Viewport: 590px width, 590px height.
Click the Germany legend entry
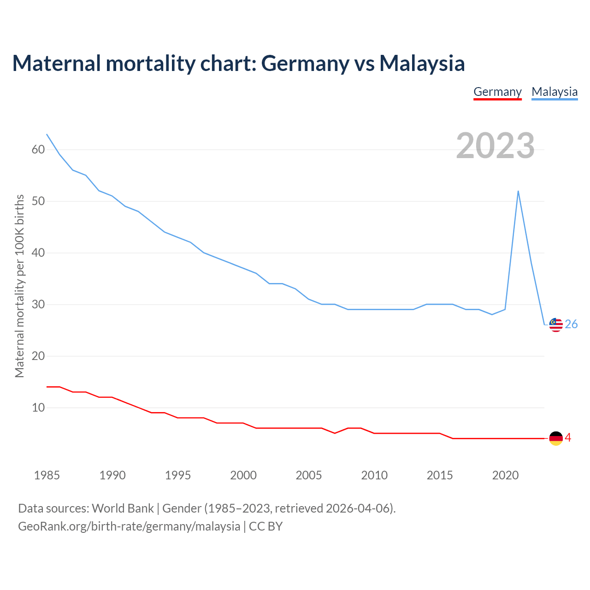tap(497, 92)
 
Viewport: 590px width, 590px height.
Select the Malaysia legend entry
tap(555, 92)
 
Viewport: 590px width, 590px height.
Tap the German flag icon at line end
tap(556, 438)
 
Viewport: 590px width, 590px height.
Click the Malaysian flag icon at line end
tap(556, 325)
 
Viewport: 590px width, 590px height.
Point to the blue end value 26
tap(571, 324)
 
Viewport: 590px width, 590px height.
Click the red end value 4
tap(568, 438)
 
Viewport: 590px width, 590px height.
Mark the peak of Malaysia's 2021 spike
tap(518, 191)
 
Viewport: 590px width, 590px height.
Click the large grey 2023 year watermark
tap(495, 146)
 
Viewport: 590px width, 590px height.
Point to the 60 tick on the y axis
tap(38, 150)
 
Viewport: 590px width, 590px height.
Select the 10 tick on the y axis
tap(38, 408)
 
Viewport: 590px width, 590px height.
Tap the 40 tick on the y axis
tap(38, 253)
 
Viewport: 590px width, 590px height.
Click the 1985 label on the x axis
tap(47, 475)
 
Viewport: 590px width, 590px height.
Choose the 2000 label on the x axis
tap(243, 475)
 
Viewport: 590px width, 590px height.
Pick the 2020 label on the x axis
tap(505, 475)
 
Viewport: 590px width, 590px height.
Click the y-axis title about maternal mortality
tap(19, 286)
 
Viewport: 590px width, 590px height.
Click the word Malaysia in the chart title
tap(422, 63)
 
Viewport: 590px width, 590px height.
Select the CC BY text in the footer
tap(265, 526)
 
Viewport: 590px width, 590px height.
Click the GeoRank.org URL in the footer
tap(129, 526)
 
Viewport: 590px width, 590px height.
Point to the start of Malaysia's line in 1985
tap(47, 135)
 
